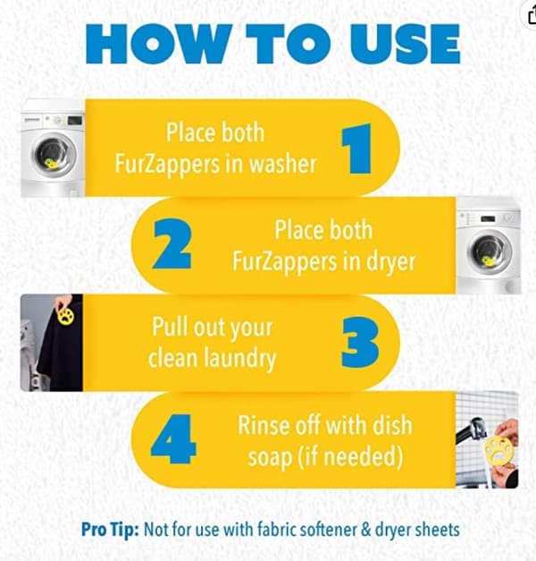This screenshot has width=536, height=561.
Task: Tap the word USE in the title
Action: tap(405, 44)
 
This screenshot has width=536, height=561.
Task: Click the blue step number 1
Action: tap(357, 149)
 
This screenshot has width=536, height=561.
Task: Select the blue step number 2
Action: tap(172, 244)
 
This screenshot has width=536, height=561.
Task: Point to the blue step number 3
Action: tap(360, 342)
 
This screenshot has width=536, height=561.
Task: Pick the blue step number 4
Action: tap(173, 439)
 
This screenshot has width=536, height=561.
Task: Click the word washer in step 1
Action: tap(282, 165)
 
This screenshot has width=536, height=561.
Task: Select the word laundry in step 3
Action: tap(239, 359)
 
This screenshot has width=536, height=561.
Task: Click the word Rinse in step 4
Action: tap(261, 426)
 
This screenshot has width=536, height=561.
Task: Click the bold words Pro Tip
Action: tap(110, 530)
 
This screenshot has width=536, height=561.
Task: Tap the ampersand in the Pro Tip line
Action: tap(366, 530)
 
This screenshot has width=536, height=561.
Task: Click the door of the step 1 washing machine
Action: tap(54, 155)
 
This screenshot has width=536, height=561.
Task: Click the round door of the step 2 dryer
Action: tap(490, 251)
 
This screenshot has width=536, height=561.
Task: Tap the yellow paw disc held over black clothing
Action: tap(66, 316)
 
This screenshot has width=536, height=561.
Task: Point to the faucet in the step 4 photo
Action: tap(471, 430)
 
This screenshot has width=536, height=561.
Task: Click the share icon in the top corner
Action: tap(532, 15)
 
